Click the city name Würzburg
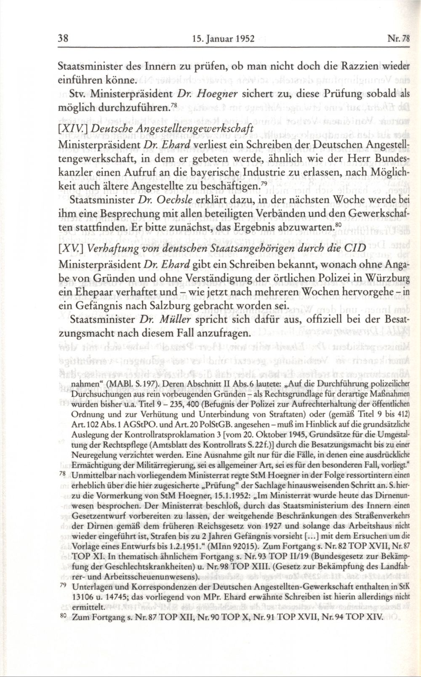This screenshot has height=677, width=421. (x=379, y=278)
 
